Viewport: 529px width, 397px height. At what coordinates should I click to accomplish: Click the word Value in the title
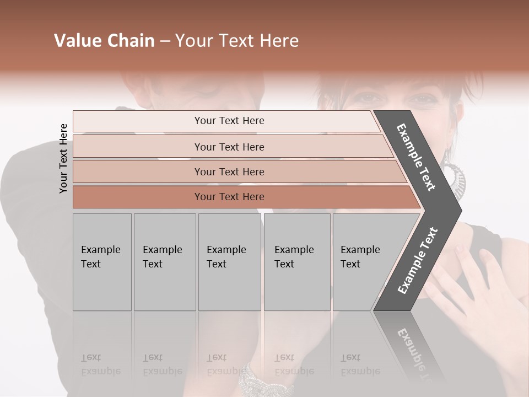coord(76,41)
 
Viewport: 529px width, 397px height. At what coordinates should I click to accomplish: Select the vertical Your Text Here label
coord(63,158)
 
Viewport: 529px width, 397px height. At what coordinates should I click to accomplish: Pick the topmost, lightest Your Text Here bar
coord(229,121)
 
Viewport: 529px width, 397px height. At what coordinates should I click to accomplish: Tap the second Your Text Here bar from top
coord(229,147)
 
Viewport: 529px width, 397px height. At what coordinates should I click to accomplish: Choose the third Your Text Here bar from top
coord(229,171)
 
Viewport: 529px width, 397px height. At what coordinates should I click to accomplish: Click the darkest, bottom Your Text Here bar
coord(229,197)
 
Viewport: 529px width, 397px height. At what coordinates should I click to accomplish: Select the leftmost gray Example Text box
coord(102,261)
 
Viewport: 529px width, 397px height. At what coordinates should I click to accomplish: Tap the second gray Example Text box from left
coord(164,261)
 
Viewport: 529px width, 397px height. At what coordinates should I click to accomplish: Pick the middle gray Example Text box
coord(229,261)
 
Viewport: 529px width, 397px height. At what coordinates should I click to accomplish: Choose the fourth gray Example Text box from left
coord(296,261)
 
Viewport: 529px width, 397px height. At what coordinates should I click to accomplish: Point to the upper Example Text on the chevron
coord(416,157)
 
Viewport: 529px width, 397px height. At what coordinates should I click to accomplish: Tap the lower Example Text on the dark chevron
coord(417,261)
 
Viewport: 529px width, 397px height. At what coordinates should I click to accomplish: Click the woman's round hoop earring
coord(455,176)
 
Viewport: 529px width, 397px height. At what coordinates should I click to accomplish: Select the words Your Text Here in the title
coord(237,41)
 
